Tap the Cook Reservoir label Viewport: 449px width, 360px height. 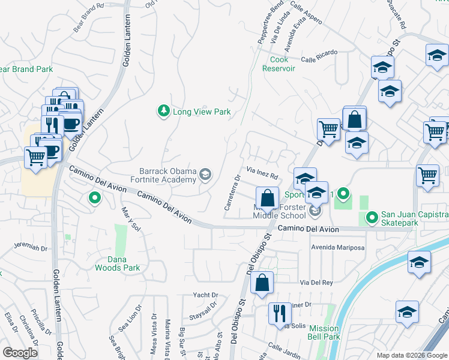pos(279,64)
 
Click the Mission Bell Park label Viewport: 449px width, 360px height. pos(324,332)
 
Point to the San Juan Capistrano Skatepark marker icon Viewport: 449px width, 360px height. pos(372,217)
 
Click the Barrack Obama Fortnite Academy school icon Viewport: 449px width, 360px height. pos(205,175)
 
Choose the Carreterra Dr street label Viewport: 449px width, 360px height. pos(232,193)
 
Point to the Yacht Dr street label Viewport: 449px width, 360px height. pos(205,295)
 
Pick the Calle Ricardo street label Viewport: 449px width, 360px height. pos(319,59)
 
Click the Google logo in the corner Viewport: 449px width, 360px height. pos(20,353)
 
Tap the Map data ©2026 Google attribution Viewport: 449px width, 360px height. pos(411,355)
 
